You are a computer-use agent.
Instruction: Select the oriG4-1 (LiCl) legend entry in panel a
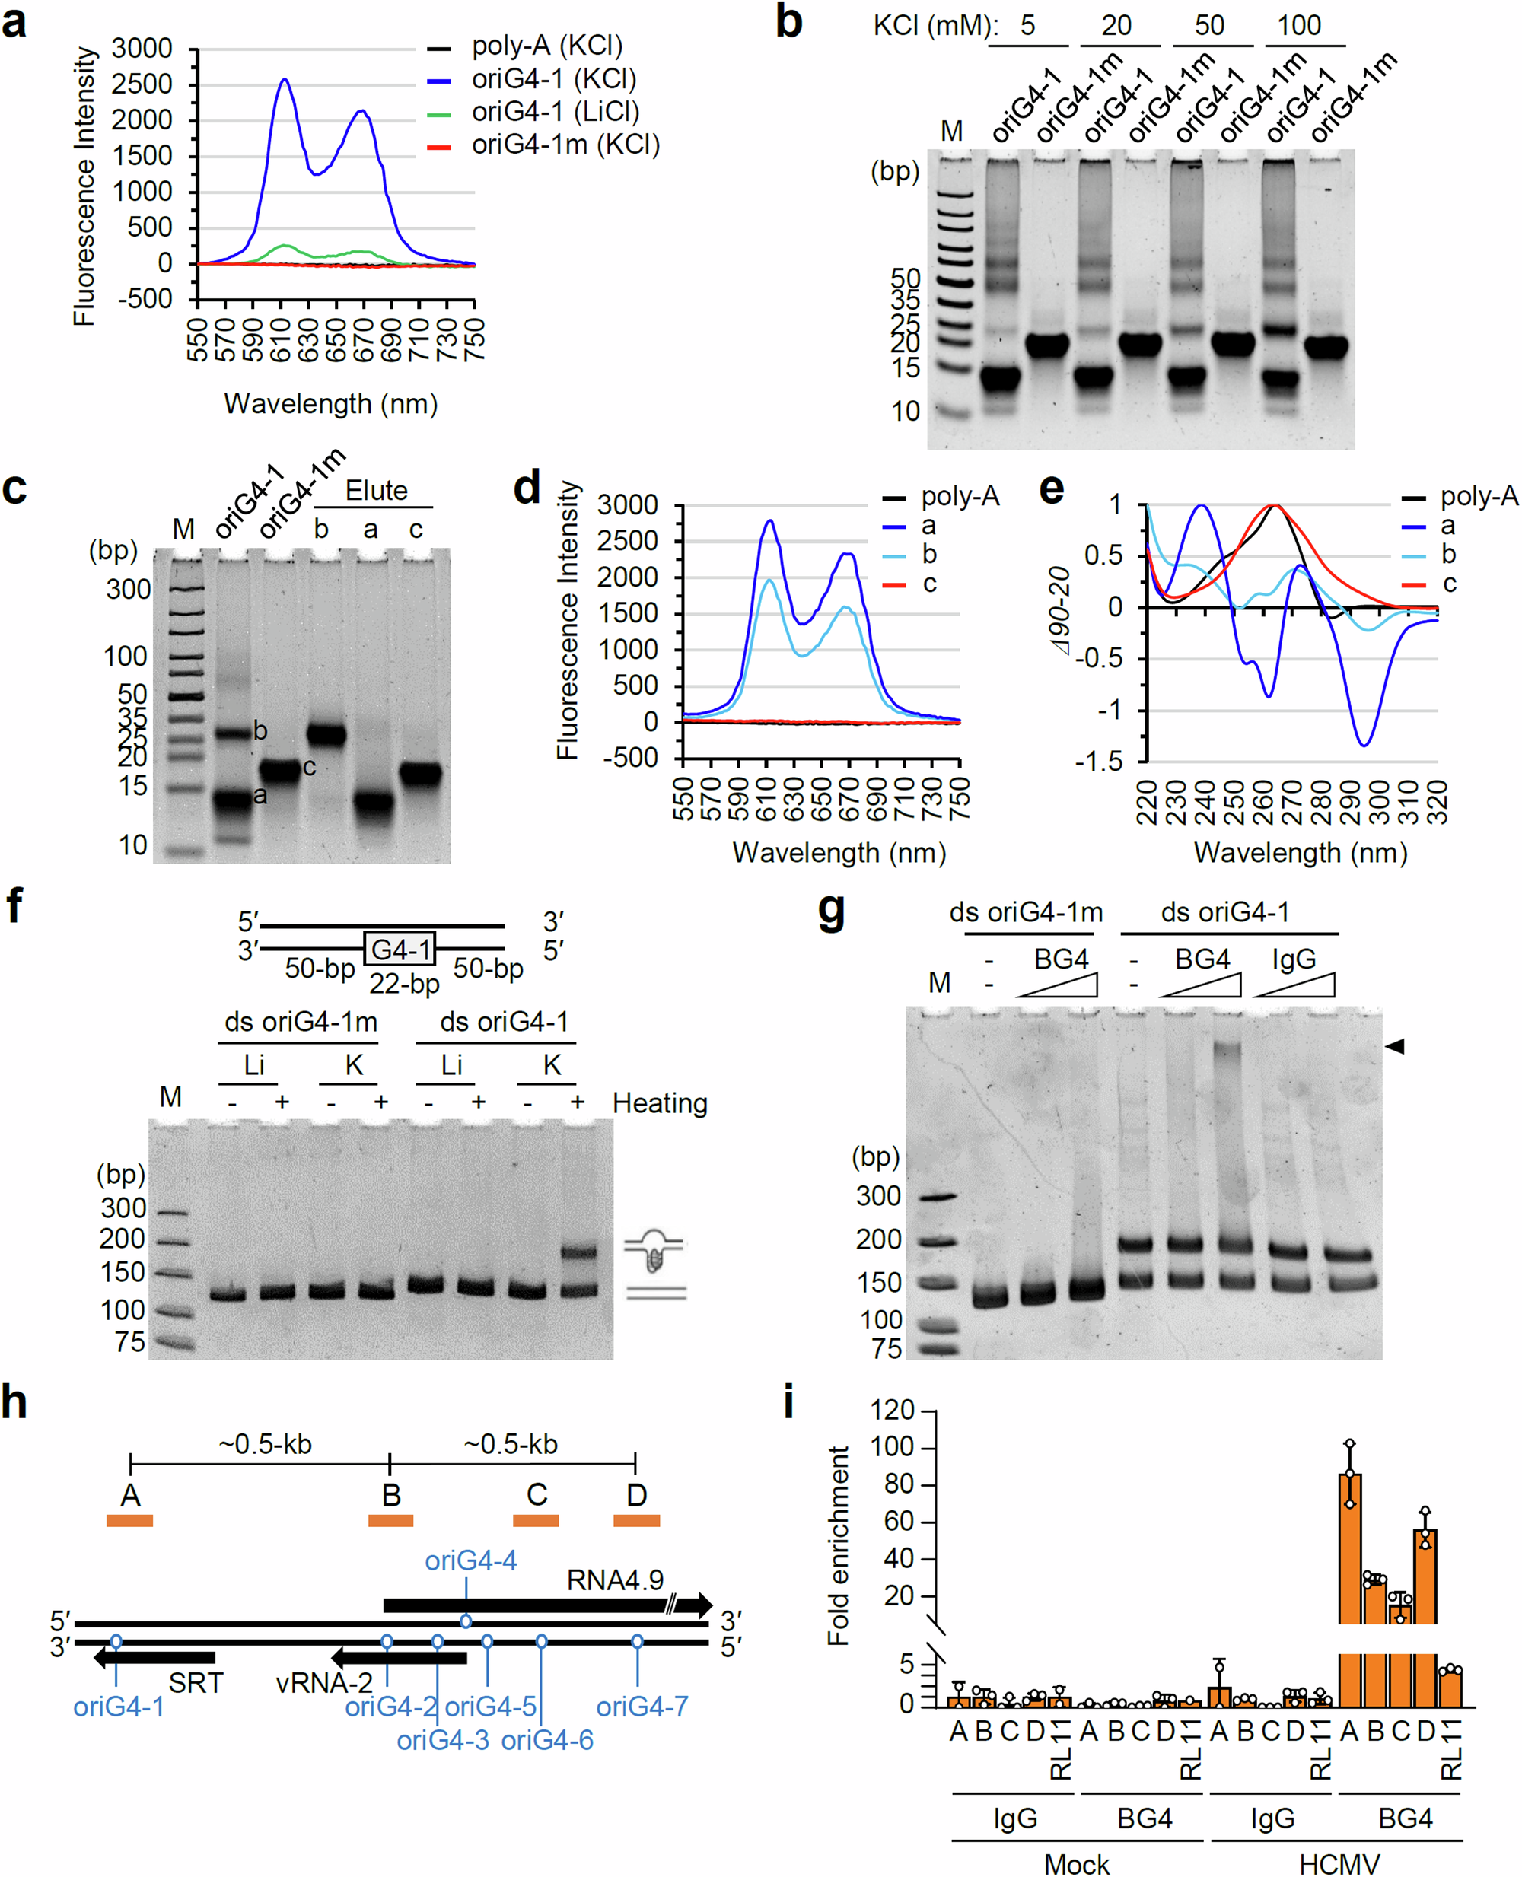(554, 112)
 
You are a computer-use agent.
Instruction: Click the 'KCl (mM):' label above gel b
(935, 25)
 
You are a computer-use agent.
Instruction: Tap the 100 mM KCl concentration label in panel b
(1298, 25)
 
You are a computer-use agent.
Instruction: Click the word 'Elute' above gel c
(376, 490)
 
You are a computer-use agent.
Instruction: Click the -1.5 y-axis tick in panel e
(1102, 761)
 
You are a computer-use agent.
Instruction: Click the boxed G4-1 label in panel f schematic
(400, 949)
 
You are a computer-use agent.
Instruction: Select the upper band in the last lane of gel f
(578, 1252)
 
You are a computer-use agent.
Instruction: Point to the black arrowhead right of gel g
(1395, 1045)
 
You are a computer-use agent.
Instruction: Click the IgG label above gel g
(1294, 959)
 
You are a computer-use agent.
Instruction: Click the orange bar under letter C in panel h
(536, 1520)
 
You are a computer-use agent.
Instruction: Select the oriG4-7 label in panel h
(642, 1706)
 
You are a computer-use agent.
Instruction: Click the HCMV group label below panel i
(1339, 1864)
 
